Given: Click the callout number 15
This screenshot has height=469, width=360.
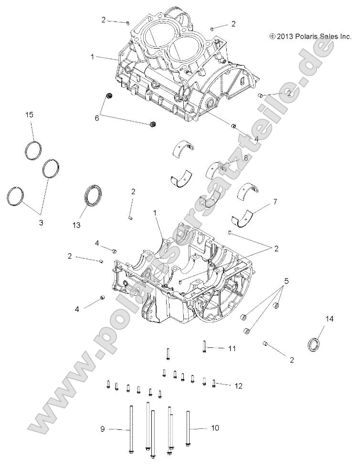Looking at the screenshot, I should pyautogui.click(x=29, y=115).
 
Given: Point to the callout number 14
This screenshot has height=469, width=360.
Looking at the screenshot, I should pyautogui.click(x=329, y=319).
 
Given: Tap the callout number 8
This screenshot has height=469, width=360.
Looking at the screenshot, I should pyautogui.click(x=245, y=157).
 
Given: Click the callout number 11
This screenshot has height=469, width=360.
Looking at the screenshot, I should pyautogui.click(x=232, y=349).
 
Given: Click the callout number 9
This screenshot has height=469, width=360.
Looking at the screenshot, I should pyautogui.click(x=102, y=429).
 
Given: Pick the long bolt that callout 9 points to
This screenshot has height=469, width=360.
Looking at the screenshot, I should pyautogui.click(x=130, y=429).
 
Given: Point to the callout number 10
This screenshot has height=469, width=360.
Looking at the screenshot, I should pyautogui.click(x=215, y=428).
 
